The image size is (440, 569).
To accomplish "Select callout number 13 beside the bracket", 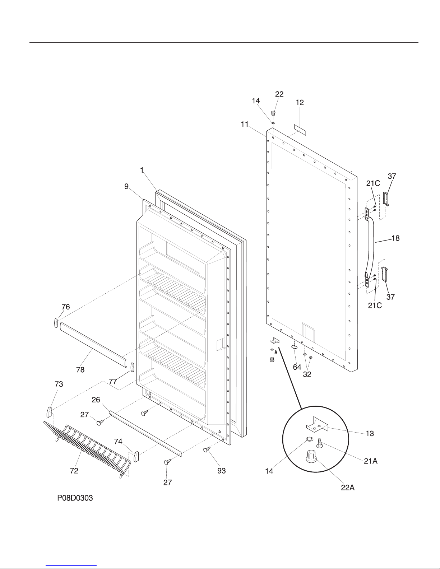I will [370, 434].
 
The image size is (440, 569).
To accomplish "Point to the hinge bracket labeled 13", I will [318, 424].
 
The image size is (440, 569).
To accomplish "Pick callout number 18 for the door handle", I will [395, 238].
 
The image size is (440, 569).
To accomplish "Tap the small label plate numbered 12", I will [300, 129].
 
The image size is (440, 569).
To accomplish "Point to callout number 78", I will [80, 369].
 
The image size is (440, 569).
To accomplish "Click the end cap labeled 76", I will [56, 323].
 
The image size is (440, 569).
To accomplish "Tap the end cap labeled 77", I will [132, 367].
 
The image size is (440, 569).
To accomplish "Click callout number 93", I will [222, 471].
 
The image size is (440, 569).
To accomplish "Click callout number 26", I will [96, 400].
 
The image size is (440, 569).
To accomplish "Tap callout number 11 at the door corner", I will [245, 124].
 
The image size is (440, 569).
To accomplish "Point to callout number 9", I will [126, 186].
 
